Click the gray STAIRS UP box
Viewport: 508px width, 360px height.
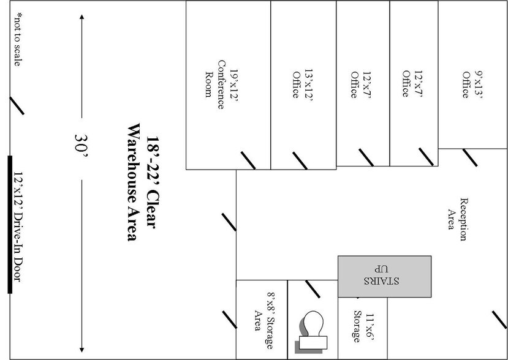coord(384,276)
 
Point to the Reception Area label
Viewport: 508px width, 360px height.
coord(457,214)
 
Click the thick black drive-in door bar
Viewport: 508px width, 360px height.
coord(10,225)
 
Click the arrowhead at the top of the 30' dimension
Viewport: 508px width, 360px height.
coord(82,17)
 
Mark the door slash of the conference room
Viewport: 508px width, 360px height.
coord(248,160)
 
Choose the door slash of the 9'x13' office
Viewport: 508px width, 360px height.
coord(469,157)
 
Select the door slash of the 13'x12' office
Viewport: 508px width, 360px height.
coord(300,160)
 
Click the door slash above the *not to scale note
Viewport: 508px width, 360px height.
coord(17,105)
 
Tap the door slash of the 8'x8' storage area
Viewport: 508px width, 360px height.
coord(229,319)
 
